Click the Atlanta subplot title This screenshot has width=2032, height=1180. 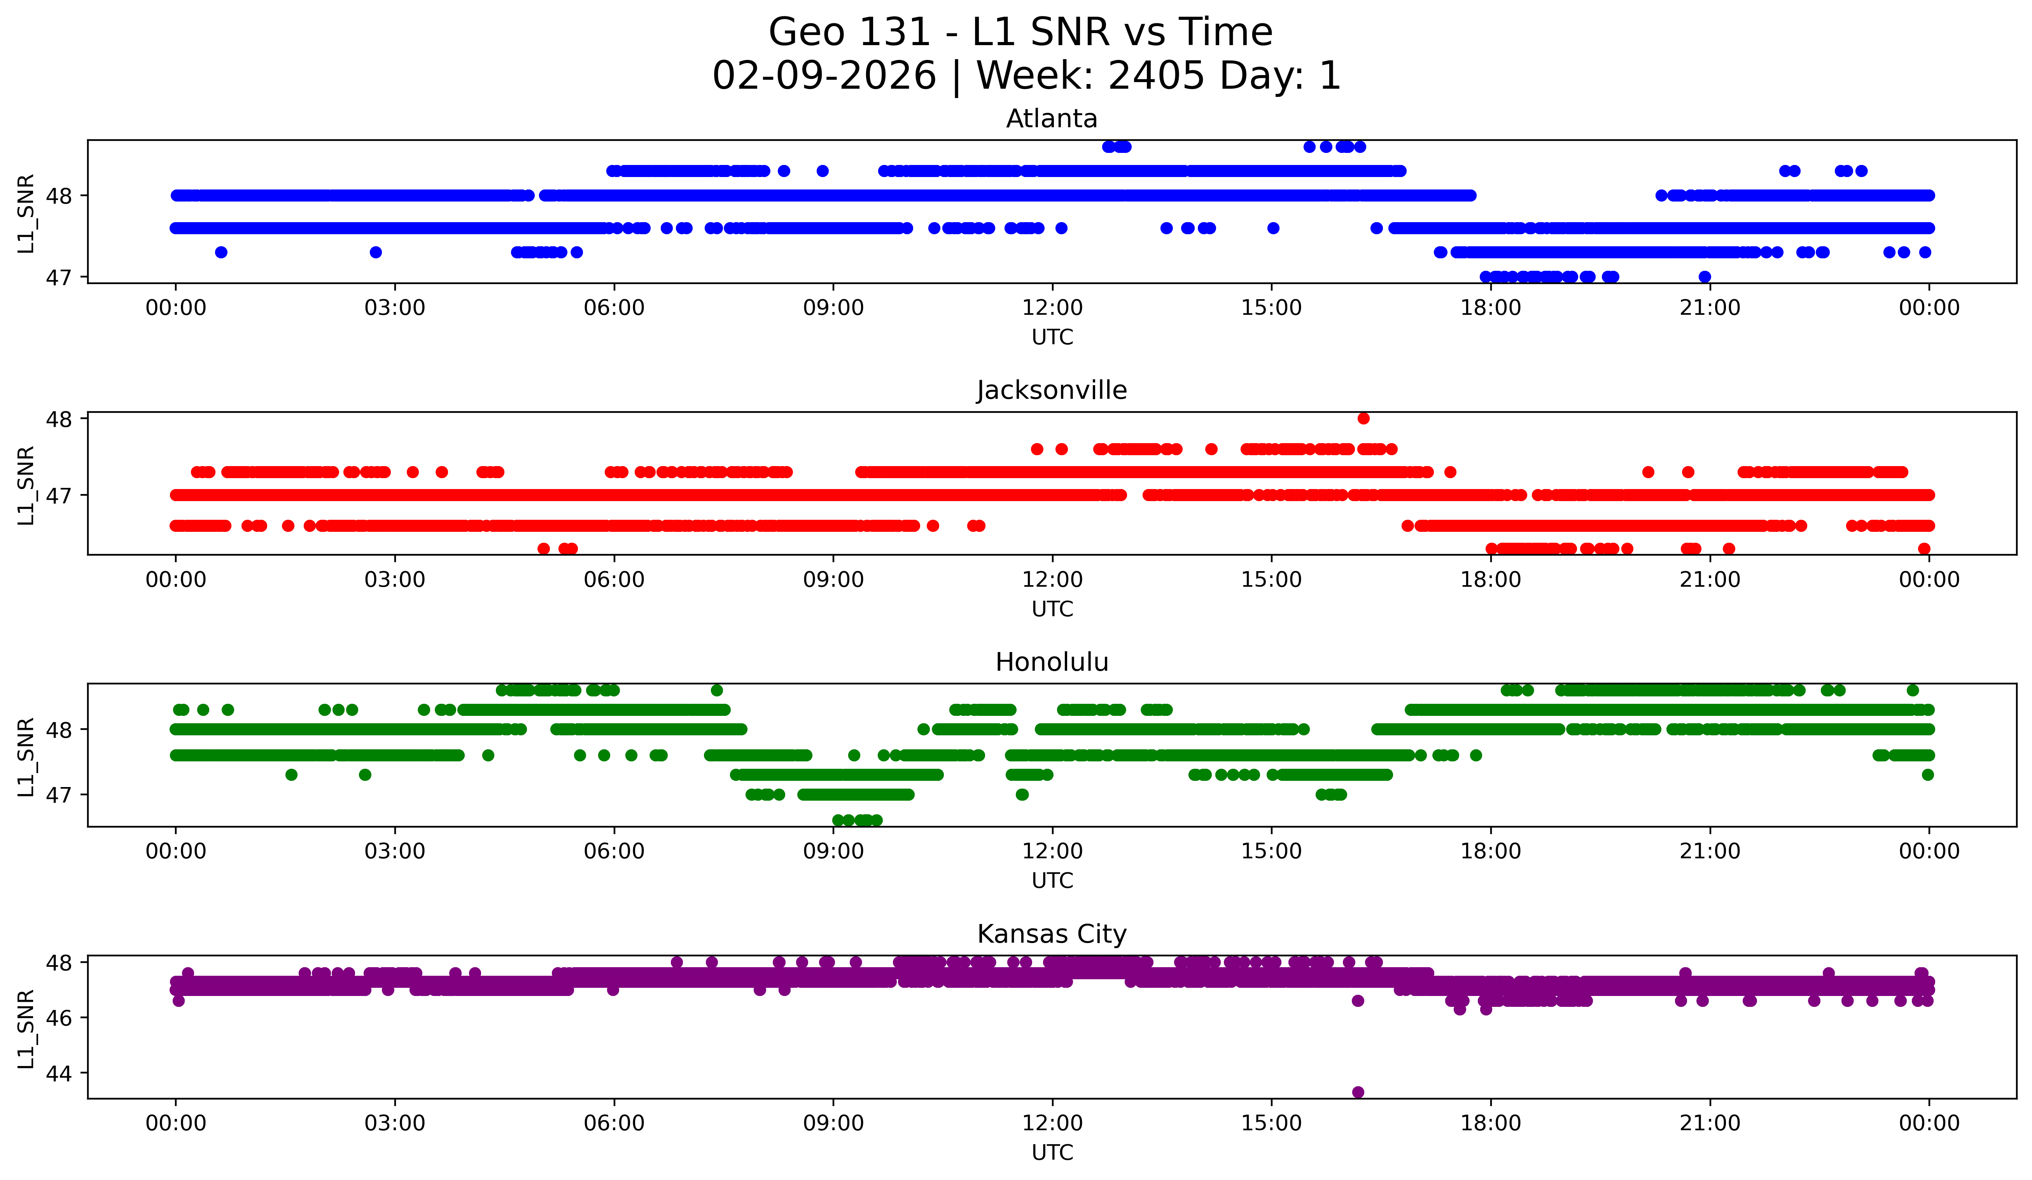(x=1052, y=119)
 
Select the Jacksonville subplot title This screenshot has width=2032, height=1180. (x=1052, y=390)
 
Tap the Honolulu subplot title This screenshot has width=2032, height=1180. (x=1052, y=662)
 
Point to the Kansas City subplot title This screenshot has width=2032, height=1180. (x=1052, y=934)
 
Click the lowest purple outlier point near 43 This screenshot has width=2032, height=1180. (x=1358, y=1092)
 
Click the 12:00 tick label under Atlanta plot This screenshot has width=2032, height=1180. (x=1052, y=308)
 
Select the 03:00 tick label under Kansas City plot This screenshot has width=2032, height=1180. (x=395, y=1124)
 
